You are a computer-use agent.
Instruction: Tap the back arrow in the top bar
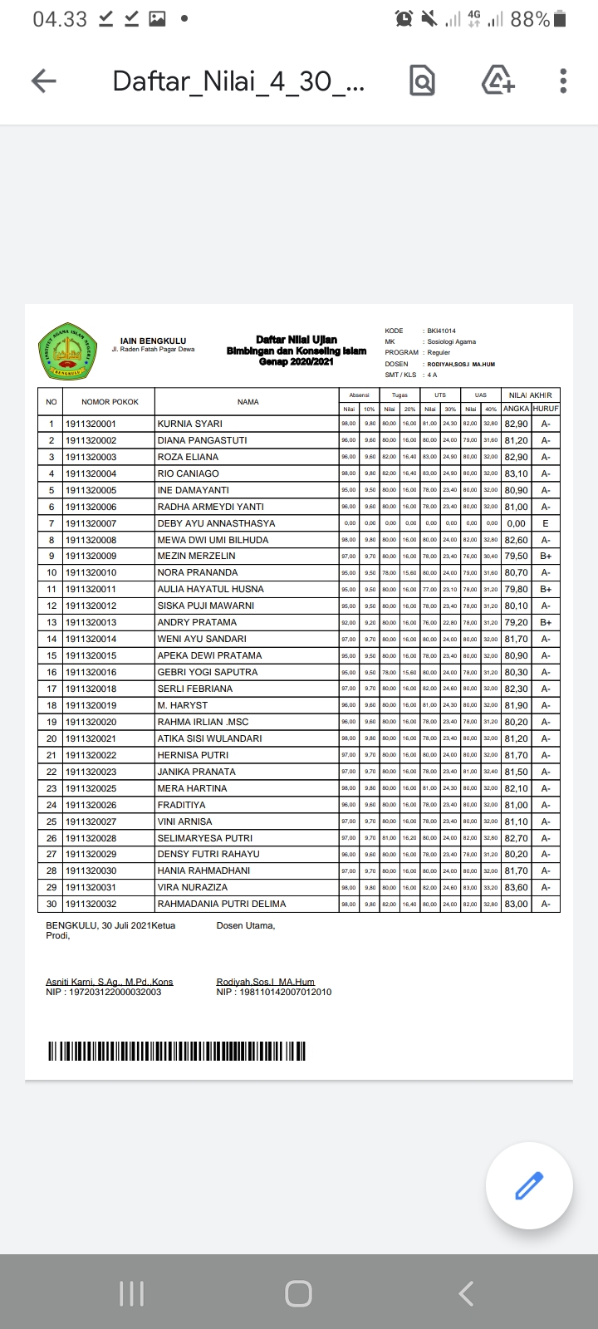coord(43,81)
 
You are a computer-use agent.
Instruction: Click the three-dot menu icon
coord(563,81)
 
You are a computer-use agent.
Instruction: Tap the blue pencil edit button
coord(529,1185)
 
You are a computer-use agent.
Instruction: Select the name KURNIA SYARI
coord(190,424)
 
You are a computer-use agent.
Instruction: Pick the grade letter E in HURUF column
coord(546,523)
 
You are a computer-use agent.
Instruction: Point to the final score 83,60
coord(516,887)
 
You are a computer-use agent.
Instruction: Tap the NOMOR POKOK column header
coord(110,402)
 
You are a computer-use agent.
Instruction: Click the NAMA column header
coord(248,402)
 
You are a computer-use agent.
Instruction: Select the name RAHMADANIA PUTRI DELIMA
coord(222,904)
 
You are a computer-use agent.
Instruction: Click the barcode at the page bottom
coord(176,1051)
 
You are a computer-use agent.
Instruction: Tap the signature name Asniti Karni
coord(110,982)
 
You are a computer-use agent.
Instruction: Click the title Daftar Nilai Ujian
coord(297,340)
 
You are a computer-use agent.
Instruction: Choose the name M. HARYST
coord(183,705)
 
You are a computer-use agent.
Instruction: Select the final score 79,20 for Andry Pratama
coord(516,622)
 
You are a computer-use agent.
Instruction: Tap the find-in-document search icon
coord(422,81)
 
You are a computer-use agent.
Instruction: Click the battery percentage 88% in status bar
coord(530,19)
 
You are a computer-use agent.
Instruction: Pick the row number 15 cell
coord(51,655)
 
